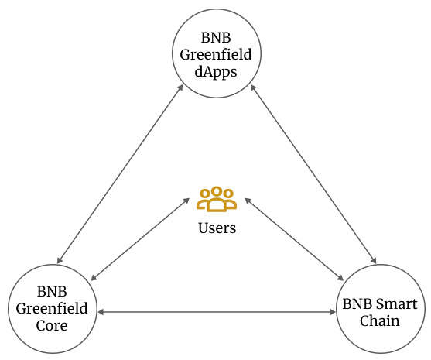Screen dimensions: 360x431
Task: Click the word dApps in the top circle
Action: [216, 71]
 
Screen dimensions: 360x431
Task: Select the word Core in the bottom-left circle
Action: [53, 326]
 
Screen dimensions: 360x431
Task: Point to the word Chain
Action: [379, 320]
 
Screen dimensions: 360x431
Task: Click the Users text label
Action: [217, 228]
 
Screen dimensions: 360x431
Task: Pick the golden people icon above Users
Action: [217, 199]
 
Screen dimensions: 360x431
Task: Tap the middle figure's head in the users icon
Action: [217, 191]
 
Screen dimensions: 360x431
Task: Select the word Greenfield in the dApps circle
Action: [216, 54]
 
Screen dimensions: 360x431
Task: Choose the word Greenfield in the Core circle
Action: [53, 309]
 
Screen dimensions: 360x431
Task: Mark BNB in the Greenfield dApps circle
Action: [216, 37]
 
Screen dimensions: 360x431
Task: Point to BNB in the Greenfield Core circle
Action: [53, 292]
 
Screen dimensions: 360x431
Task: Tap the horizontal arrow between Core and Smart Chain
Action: [216, 312]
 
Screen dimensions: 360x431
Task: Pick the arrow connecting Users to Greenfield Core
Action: [141, 238]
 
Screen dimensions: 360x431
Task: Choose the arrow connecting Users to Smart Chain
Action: [294, 238]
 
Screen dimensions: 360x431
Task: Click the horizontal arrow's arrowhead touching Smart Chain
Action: [330, 312]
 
